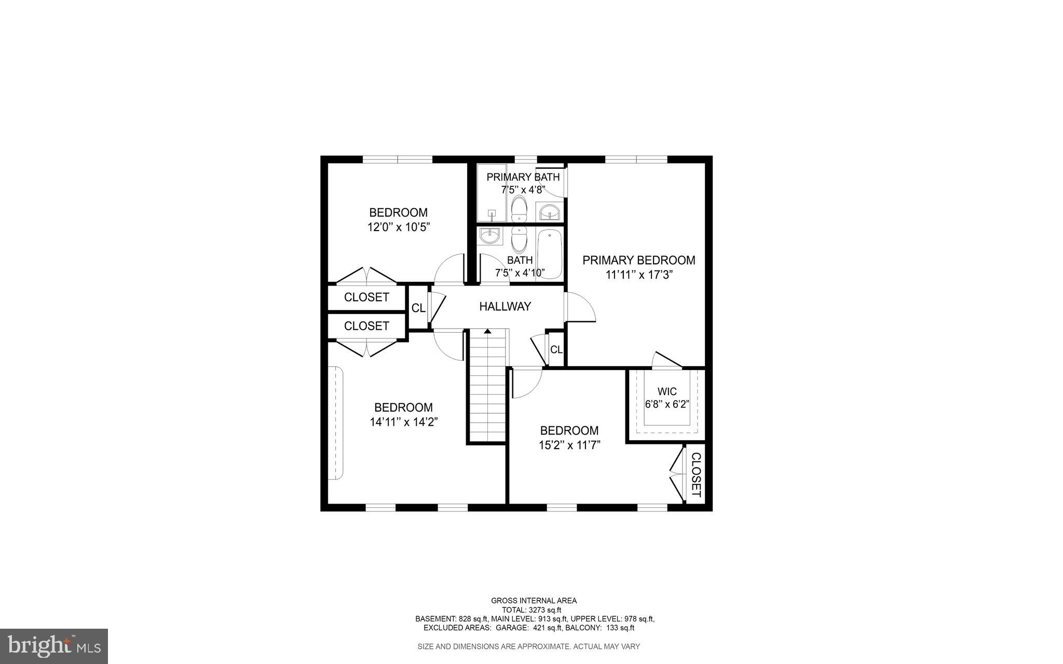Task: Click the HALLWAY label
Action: click(505, 306)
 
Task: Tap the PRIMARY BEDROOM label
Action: click(638, 260)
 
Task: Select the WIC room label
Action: click(666, 391)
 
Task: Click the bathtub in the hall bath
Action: click(549, 255)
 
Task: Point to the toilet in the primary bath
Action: click(519, 209)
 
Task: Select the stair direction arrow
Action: click(487, 331)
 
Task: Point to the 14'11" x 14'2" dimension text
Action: click(404, 422)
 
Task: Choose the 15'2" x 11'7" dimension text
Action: click(569, 445)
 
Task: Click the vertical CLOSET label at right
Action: click(697, 475)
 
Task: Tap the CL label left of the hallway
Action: click(418, 308)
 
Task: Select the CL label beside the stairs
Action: click(556, 350)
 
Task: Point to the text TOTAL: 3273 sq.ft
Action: click(531, 610)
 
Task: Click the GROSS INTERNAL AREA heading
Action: click(534, 601)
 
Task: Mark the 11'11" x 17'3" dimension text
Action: click(638, 275)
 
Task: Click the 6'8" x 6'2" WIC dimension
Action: click(666, 404)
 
